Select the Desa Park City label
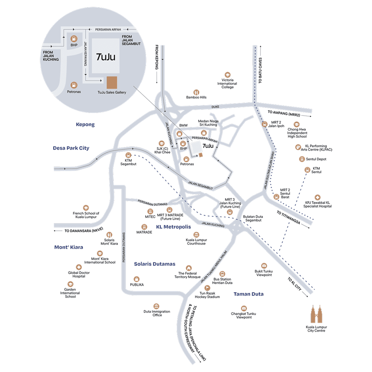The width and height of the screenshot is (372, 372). tap(71, 148)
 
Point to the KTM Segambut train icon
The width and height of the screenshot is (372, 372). tap(128, 155)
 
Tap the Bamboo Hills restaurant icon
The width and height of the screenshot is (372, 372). tap(196, 92)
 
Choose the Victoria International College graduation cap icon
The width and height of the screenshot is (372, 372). tap(227, 75)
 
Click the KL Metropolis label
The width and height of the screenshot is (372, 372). tap(173, 227)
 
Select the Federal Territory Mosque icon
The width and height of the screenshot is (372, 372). tap(188, 268)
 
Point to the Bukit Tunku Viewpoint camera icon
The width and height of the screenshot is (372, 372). tap(264, 266)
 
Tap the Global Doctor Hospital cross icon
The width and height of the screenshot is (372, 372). tap(79, 267)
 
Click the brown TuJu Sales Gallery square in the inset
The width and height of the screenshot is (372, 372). tap(112, 83)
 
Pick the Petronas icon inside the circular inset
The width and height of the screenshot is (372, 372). tap(74, 85)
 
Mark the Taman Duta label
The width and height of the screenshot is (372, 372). tap(248, 294)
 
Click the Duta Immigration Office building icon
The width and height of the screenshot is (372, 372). tap(157, 306)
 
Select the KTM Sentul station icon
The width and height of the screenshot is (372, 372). tap(307, 170)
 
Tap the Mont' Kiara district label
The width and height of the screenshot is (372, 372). tap(69, 247)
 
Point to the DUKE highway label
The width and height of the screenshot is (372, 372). tap(216, 107)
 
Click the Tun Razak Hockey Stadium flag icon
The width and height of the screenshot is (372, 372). tap(207, 288)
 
